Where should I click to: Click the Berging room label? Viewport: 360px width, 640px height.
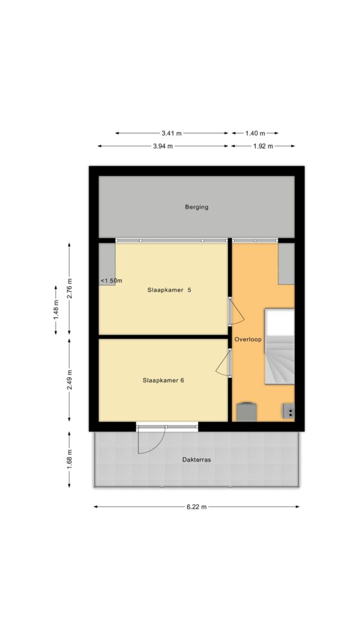point(196,207)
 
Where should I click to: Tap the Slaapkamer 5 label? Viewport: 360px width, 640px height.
point(169,290)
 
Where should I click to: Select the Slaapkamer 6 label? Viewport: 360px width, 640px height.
point(163,380)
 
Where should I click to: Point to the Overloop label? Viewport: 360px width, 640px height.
point(248,339)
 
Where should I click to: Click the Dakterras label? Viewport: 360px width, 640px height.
point(196,459)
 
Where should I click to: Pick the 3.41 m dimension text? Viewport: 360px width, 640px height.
point(172,133)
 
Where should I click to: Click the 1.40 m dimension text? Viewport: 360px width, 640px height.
point(255,133)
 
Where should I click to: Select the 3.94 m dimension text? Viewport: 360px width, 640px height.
point(163,146)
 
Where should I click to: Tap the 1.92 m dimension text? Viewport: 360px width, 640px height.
point(263,146)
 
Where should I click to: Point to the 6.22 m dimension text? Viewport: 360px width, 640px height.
point(196,507)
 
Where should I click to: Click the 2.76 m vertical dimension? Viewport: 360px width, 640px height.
point(70,288)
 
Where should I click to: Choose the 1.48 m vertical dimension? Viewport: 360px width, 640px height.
point(56,310)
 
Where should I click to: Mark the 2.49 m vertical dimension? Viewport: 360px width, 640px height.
point(70,380)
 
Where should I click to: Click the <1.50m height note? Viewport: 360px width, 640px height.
point(112,280)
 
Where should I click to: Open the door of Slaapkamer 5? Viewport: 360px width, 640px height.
point(237,311)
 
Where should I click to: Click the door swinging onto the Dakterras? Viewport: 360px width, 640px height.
point(152,440)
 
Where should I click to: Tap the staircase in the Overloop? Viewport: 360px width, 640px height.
point(280,347)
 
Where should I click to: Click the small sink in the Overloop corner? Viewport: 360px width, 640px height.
point(289,411)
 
